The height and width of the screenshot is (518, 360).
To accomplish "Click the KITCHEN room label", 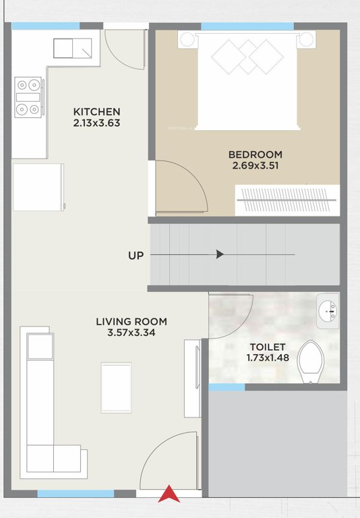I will (97, 111).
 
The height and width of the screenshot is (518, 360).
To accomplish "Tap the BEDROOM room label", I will (255, 154).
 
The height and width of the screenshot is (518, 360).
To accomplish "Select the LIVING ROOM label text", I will (131, 322).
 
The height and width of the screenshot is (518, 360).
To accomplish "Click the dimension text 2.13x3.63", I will (97, 123).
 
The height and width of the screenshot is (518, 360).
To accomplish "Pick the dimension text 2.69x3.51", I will (255, 166).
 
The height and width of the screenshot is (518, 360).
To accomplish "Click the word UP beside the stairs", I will (136, 256).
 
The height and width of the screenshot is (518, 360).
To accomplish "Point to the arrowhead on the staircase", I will (220, 254).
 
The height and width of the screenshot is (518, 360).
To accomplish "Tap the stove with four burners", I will (29, 96).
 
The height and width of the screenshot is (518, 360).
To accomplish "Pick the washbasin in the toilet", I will (328, 311).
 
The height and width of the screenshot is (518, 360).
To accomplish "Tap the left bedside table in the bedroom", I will (187, 40).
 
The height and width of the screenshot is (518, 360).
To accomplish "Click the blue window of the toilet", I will (227, 387).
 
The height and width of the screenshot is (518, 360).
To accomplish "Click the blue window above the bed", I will (247, 26).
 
